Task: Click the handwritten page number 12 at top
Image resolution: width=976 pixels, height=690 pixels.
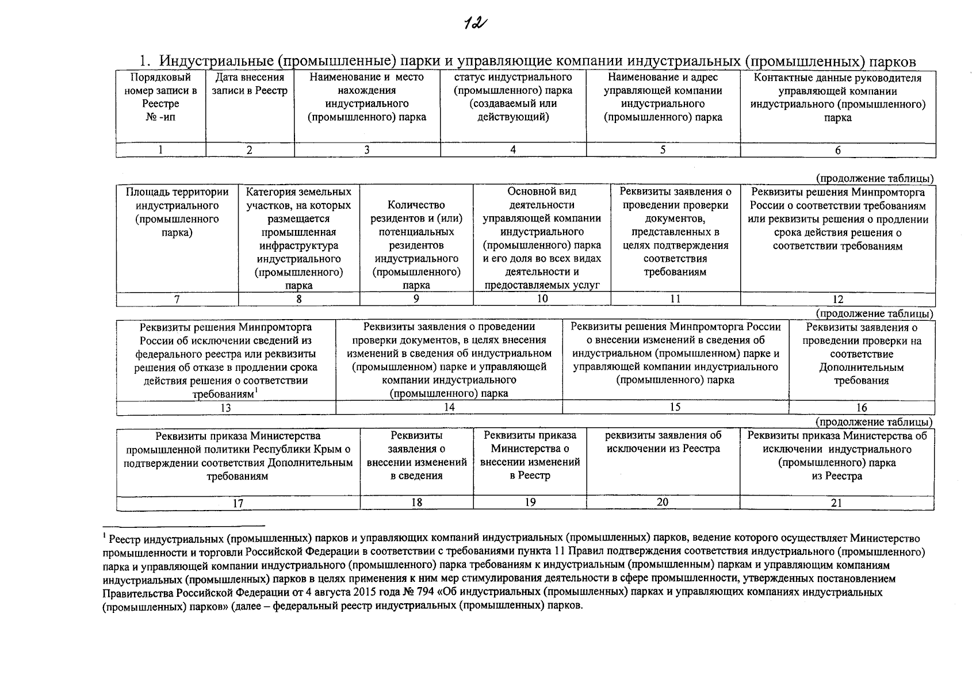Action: [474, 24]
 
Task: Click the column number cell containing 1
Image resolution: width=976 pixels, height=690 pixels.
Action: [160, 149]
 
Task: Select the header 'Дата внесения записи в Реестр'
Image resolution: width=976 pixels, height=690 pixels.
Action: [250, 84]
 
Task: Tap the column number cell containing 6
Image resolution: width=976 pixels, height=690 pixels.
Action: [838, 150]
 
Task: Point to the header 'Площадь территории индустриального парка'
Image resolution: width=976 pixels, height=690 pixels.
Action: [177, 212]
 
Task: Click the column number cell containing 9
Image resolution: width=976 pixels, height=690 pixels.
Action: [416, 298]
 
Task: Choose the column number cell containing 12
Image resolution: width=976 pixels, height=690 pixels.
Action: [838, 299]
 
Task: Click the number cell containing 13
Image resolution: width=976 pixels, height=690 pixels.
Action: [226, 408]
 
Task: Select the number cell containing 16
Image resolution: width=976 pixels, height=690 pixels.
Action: [862, 408]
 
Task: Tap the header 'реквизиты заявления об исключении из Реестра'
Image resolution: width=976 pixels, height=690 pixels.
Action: [663, 442]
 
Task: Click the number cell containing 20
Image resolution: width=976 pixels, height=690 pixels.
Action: [663, 502]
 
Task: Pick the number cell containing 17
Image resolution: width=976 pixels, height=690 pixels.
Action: [238, 503]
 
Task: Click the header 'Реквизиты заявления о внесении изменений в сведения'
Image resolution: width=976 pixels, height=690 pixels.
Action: [416, 455]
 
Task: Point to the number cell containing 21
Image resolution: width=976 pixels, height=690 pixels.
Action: [837, 503]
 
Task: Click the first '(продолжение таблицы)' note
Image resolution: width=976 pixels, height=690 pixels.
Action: [874, 179]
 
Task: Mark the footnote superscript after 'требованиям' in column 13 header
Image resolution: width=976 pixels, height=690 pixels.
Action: [256, 391]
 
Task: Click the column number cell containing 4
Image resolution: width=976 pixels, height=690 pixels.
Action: [513, 149]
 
